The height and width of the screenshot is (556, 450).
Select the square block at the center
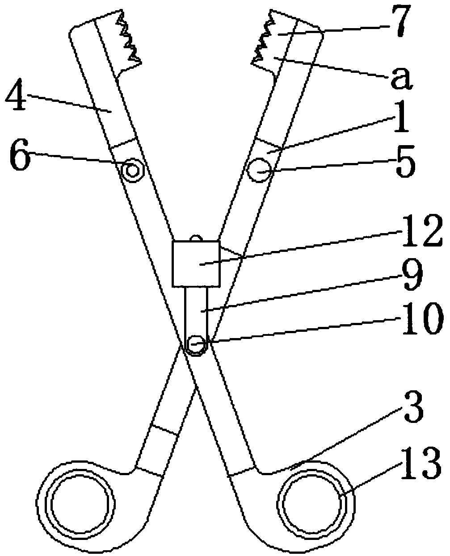pos(196,264)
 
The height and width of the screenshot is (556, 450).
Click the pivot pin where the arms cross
pos(196,344)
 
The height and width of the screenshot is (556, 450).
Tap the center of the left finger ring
pos(80,503)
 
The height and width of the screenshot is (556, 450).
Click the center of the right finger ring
pos(313,503)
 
